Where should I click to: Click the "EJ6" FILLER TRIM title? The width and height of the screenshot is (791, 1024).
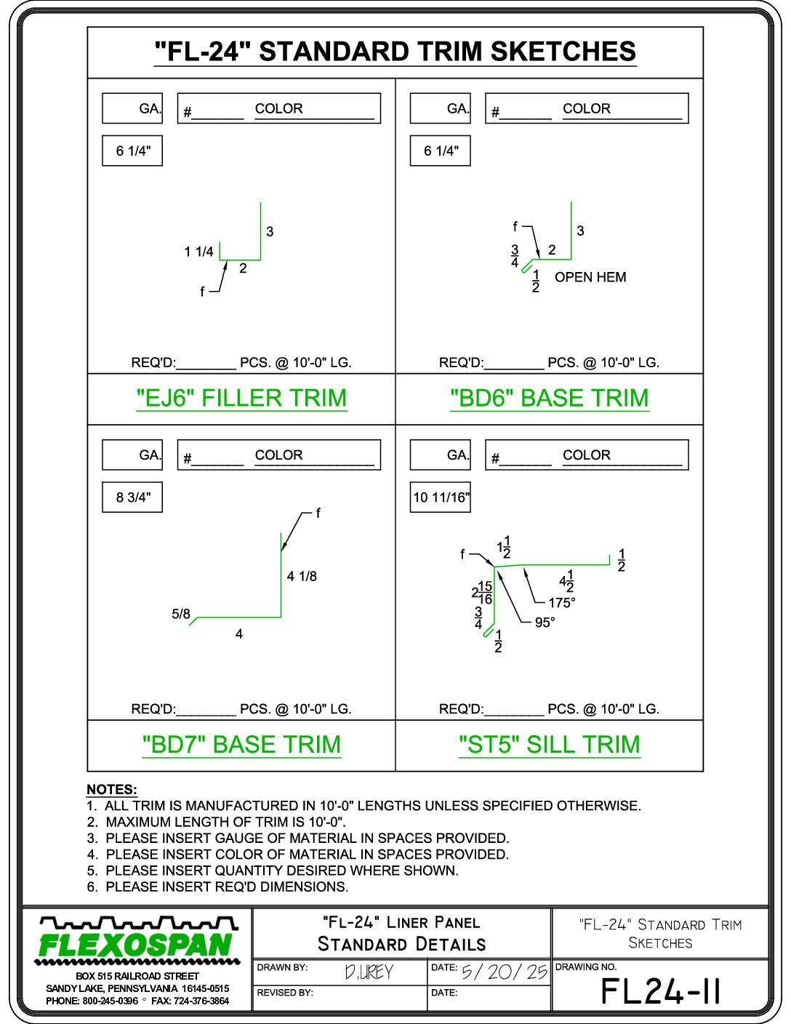(241, 399)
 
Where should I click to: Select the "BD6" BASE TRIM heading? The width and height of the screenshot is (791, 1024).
(550, 399)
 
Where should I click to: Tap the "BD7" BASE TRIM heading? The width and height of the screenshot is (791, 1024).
(241, 745)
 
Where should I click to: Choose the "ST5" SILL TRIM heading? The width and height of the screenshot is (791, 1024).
(550, 745)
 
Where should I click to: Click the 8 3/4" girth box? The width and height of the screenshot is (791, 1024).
(132, 497)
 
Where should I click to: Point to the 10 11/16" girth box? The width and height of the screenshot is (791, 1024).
(441, 497)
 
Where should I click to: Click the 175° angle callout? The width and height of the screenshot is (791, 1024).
(561, 603)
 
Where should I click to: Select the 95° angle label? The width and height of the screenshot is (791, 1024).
(545, 623)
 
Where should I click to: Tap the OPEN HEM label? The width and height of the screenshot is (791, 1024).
(590, 277)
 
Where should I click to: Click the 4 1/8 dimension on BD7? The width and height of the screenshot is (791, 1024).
(302, 576)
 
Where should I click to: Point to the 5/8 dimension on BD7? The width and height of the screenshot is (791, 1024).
(181, 614)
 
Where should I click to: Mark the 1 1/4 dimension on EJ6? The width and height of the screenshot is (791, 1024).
(198, 252)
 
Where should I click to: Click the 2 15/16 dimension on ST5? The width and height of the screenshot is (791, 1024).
(482, 593)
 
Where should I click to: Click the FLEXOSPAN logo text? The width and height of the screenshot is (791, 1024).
(136, 945)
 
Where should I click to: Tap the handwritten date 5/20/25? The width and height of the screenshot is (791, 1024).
(505, 972)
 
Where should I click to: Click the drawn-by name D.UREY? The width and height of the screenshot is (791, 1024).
(369, 972)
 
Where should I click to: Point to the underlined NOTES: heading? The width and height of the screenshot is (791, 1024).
(112, 790)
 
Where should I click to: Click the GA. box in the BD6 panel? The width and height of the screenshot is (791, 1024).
(441, 108)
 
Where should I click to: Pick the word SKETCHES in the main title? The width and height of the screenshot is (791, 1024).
(563, 52)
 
